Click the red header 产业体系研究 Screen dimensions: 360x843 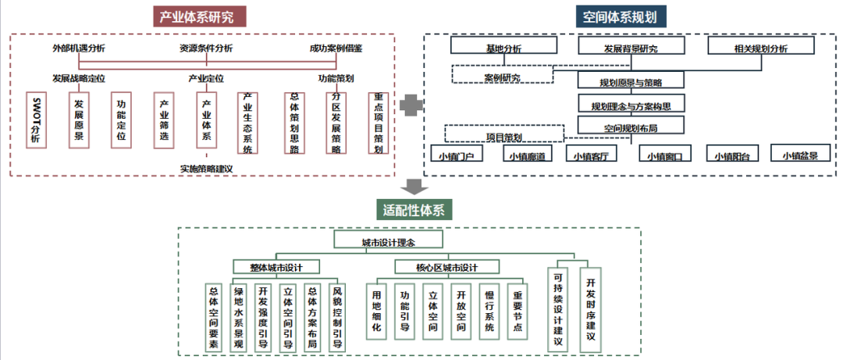[202, 16]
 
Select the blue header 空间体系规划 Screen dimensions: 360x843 [624, 16]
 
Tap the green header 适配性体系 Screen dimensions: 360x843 [418, 210]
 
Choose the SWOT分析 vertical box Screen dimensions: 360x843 [35, 120]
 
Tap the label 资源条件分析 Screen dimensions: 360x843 [206, 48]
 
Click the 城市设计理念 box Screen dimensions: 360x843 [388, 241]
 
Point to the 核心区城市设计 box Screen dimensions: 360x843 [446, 267]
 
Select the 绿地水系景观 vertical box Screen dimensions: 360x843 [240, 316]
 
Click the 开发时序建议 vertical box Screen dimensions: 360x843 [591, 308]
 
